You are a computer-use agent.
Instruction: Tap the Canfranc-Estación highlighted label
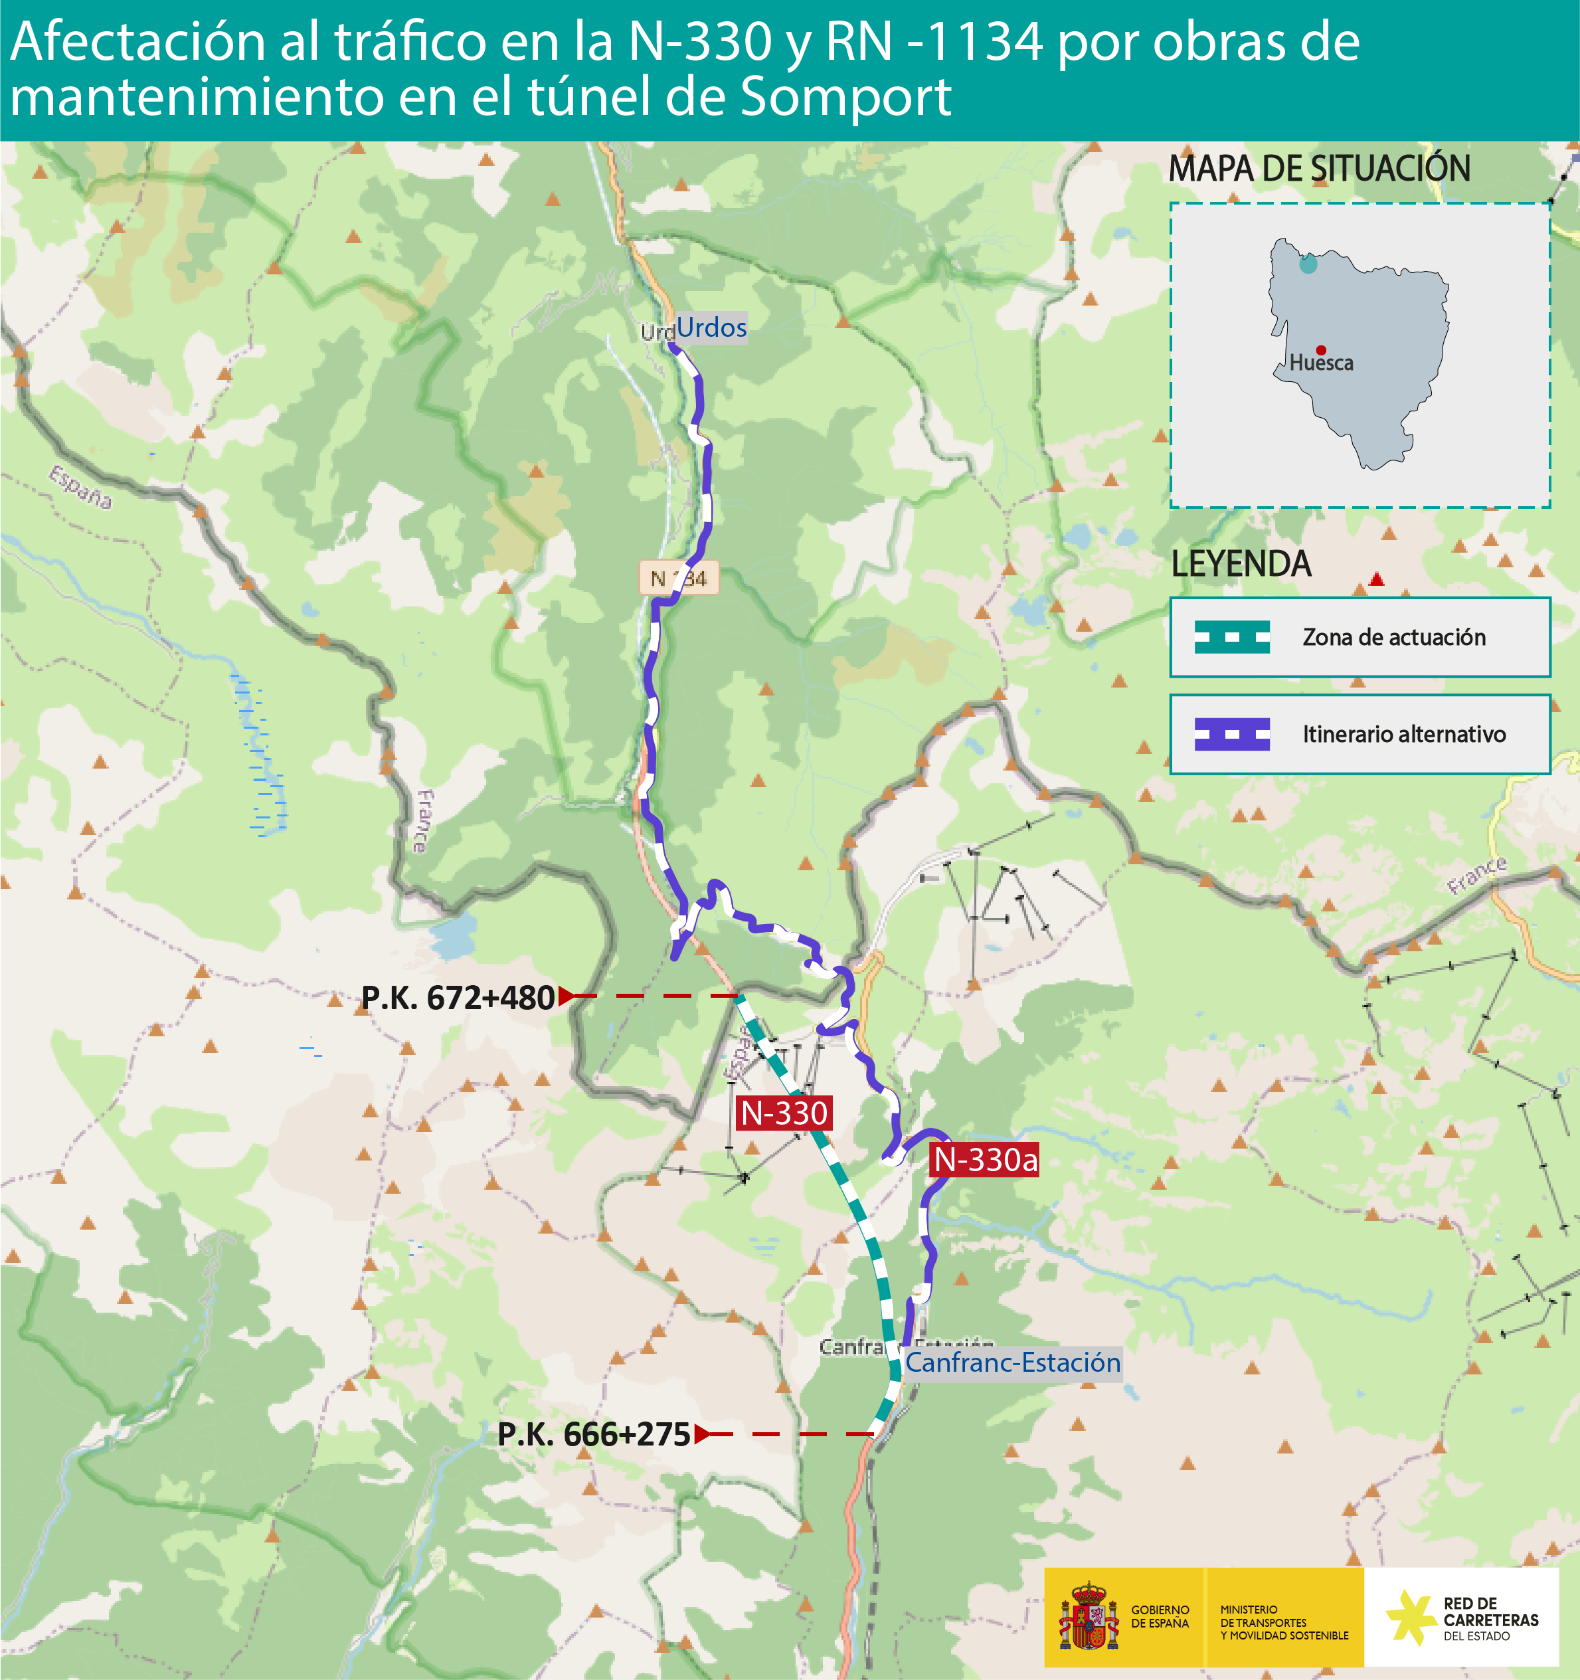1012,1362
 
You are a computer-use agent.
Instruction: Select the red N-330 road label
784,1113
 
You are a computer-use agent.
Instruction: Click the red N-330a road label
985,1159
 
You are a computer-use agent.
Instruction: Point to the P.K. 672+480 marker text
457,998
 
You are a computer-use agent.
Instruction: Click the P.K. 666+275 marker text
594,1434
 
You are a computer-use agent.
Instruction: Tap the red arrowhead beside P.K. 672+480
566,996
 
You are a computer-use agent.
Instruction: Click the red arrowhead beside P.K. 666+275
701,1434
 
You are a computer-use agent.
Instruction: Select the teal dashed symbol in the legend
1232,637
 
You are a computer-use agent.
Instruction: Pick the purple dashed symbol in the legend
1232,734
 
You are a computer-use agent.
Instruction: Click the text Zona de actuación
1394,637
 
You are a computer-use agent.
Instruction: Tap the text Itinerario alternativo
1403,734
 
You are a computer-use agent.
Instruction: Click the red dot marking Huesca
1320,350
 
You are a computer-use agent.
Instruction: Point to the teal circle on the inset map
1308,264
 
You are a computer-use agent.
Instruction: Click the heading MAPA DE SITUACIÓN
1319,168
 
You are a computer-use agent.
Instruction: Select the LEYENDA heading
1241,564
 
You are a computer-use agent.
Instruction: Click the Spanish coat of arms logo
1089,1617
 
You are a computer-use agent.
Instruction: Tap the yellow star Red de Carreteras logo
1409,1618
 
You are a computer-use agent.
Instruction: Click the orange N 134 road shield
679,578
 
